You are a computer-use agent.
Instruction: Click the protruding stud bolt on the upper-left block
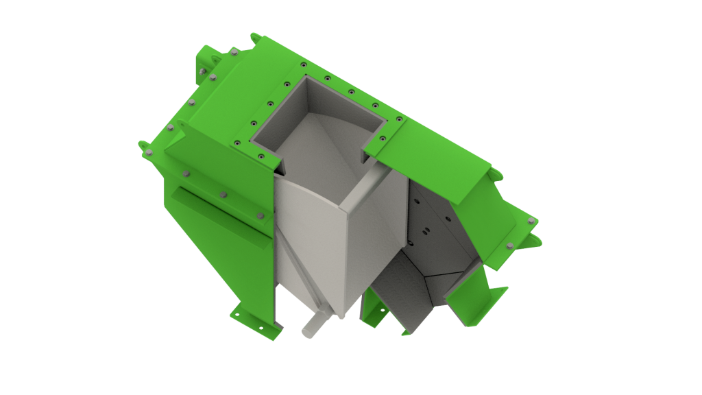tap(202, 71)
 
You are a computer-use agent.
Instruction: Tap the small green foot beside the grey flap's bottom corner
tap(374, 312)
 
